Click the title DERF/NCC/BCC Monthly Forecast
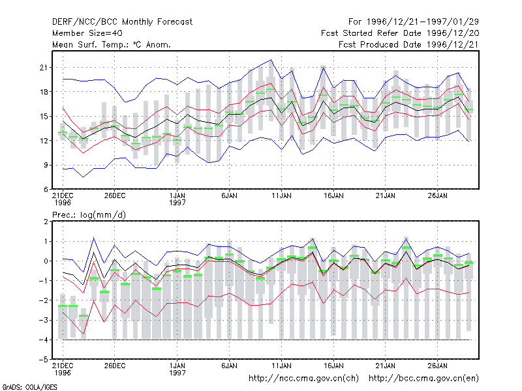click(122, 22)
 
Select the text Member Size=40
click(87, 33)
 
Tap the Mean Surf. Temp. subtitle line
click(112, 44)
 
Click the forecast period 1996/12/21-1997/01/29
click(414, 22)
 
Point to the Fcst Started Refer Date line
click(400, 33)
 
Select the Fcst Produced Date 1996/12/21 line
click(408, 44)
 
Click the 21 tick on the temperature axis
click(44, 68)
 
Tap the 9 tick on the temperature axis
click(46, 166)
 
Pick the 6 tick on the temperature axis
click(46, 190)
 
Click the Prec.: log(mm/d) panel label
click(89, 215)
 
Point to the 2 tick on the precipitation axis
click(46, 222)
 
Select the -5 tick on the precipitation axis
click(43, 360)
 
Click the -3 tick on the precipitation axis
click(43, 320)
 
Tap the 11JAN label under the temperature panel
click(281, 196)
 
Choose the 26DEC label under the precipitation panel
click(115, 366)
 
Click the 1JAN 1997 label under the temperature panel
click(177, 199)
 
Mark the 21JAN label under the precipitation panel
click(386, 366)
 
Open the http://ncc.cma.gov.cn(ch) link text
click(303, 379)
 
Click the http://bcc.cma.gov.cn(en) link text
click(423, 379)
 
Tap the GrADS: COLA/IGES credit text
click(29, 387)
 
